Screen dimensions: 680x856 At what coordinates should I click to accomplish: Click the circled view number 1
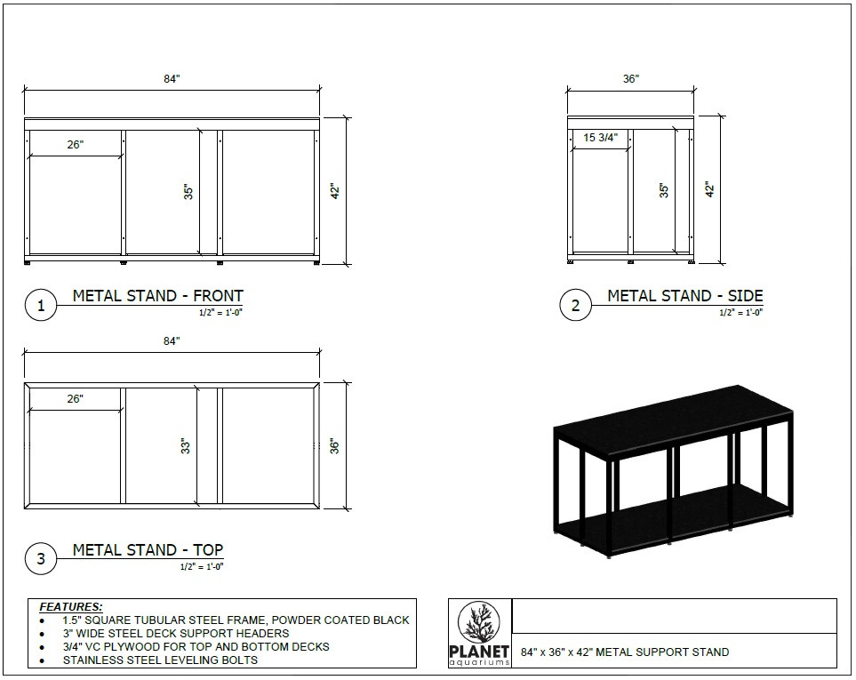[40, 306]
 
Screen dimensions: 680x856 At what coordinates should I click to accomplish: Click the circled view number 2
[575, 306]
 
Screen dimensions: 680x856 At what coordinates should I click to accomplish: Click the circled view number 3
[40, 559]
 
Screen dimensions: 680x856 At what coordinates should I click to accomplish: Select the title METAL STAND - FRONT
[157, 296]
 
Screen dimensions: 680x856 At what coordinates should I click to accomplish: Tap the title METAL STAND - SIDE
[684, 296]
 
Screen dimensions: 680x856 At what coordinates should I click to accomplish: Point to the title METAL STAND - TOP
[148, 549]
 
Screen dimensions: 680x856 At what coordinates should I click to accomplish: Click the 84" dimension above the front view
[172, 79]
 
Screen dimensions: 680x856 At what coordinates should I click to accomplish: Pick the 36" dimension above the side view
[630, 79]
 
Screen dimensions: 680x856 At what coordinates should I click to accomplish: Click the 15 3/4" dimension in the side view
[601, 138]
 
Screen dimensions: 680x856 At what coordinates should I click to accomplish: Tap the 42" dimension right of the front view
[335, 190]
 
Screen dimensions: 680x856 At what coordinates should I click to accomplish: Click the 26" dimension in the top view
[75, 399]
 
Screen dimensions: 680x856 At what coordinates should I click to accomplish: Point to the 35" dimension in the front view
[188, 191]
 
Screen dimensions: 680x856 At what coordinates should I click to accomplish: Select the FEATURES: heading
[71, 606]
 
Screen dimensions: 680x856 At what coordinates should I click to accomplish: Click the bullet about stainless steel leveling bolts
[160, 660]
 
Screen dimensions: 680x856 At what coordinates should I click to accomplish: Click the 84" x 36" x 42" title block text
[625, 652]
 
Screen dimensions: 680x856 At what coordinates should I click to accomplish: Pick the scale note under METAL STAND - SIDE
[740, 312]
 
